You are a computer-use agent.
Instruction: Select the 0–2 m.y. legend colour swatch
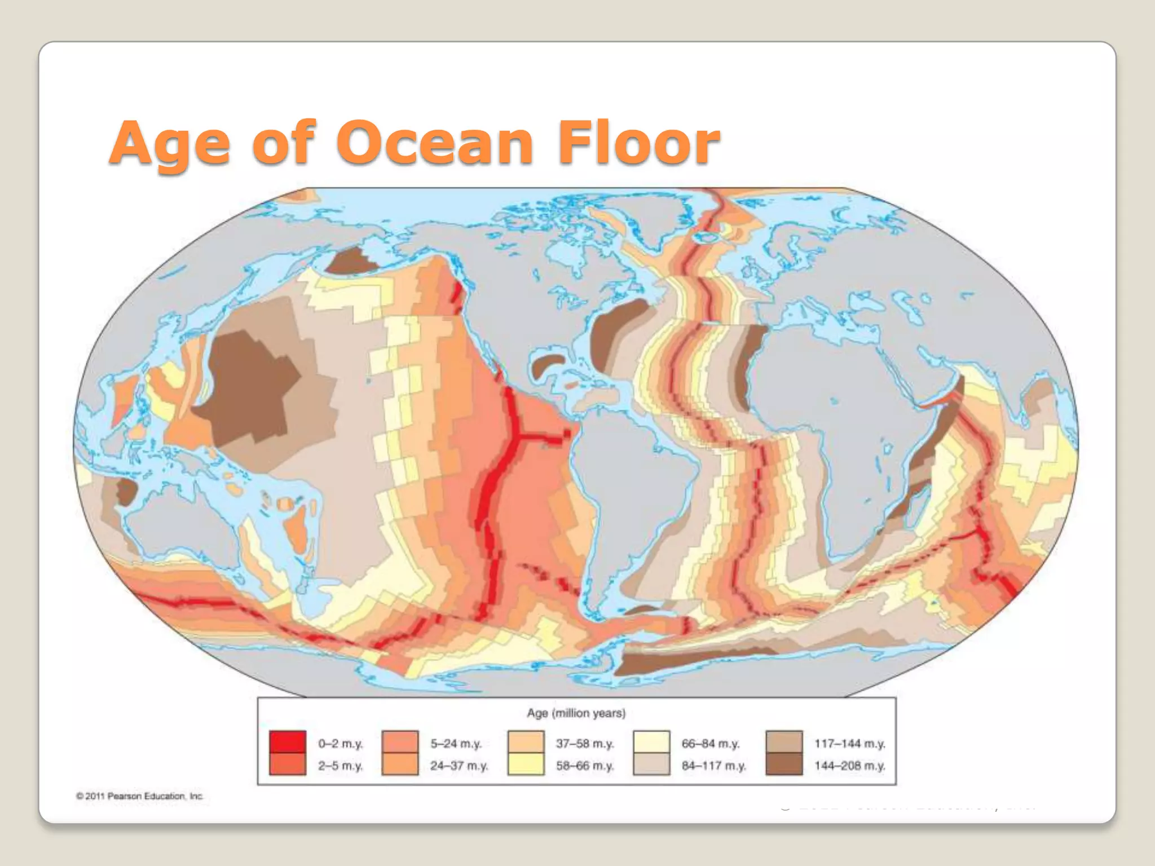point(288,742)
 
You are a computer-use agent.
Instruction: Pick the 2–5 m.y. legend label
point(340,766)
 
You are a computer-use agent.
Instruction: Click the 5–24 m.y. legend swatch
point(400,742)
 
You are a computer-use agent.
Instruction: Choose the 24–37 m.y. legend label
point(459,766)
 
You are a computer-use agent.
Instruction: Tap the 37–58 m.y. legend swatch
point(526,742)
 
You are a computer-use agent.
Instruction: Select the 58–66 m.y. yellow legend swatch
point(526,765)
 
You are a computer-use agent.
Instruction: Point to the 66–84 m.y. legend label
point(710,744)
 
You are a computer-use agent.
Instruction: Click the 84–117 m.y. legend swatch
point(651,765)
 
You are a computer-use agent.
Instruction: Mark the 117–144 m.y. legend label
point(849,744)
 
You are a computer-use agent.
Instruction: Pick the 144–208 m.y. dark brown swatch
point(784,765)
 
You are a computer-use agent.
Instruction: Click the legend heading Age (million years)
point(576,713)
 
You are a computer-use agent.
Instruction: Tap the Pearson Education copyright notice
point(139,796)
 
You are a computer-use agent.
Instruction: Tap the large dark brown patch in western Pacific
point(248,383)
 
